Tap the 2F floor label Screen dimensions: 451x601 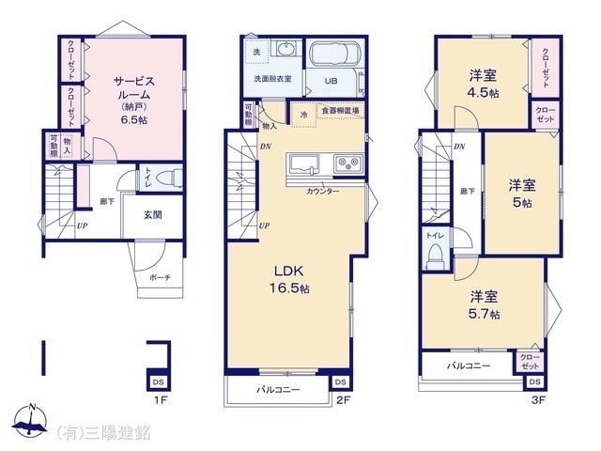(343, 399)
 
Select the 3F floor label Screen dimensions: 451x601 (537, 399)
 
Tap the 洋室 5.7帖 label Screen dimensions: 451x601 (483, 305)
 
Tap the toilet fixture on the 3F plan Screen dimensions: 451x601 (434, 254)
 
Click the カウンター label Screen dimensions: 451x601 (322, 191)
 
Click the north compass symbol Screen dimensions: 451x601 (30, 422)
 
